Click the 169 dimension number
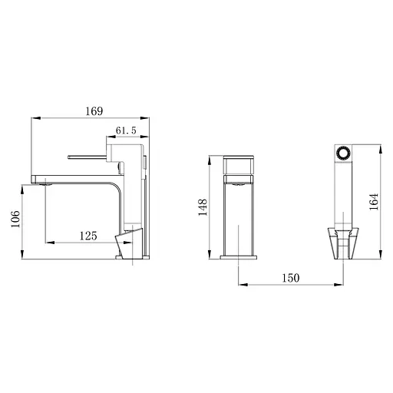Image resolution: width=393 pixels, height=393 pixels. (x=94, y=112)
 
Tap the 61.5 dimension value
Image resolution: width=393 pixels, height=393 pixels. (x=127, y=132)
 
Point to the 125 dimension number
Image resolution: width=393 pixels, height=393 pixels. (x=88, y=237)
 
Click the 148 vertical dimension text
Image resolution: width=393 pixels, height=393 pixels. (x=203, y=207)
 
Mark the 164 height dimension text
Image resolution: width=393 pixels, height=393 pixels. (x=374, y=201)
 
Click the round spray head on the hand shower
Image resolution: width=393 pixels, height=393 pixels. (x=344, y=151)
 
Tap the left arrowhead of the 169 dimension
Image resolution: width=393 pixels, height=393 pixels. (x=34, y=119)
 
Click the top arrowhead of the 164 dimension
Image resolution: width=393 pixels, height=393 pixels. (x=381, y=145)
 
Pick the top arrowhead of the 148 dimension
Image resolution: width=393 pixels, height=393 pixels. (x=210, y=159)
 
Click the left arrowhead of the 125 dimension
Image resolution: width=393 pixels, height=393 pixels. (x=48, y=244)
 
